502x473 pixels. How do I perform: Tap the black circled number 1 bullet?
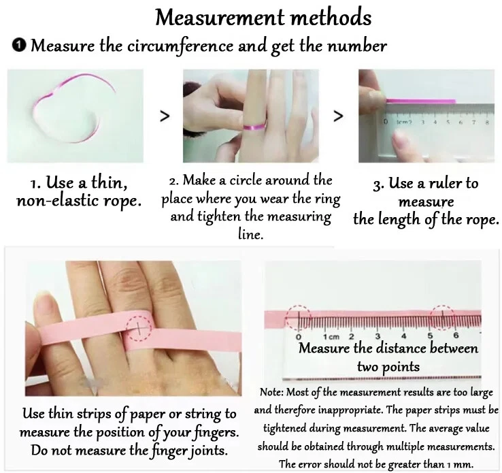pyautogui.click(x=18, y=45)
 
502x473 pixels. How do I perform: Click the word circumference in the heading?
pyautogui.click(x=180, y=46)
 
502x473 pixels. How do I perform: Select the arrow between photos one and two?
pyautogui.click(x=165, y=116)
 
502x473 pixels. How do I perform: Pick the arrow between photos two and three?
pyautogui.click(x=338, y=116)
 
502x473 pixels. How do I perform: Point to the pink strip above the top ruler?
pyautogui.click(x=420, y=101)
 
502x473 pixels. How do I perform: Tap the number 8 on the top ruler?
pyautogui.click(x=487, y=122)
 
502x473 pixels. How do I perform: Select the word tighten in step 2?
pyautogui.click(x=218, y=216)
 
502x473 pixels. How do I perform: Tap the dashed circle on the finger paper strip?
pyautogui.click(x=139, y=328)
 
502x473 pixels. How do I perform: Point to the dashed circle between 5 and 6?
pyautogui.click(x=442, y=316)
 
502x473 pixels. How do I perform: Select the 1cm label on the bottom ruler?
pyautogui.click(x=331, y=337)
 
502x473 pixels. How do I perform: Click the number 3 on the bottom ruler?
pyautogui.click(x=378, y=336)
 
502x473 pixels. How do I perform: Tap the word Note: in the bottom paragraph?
pyautogui.click(x=271, y=392)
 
